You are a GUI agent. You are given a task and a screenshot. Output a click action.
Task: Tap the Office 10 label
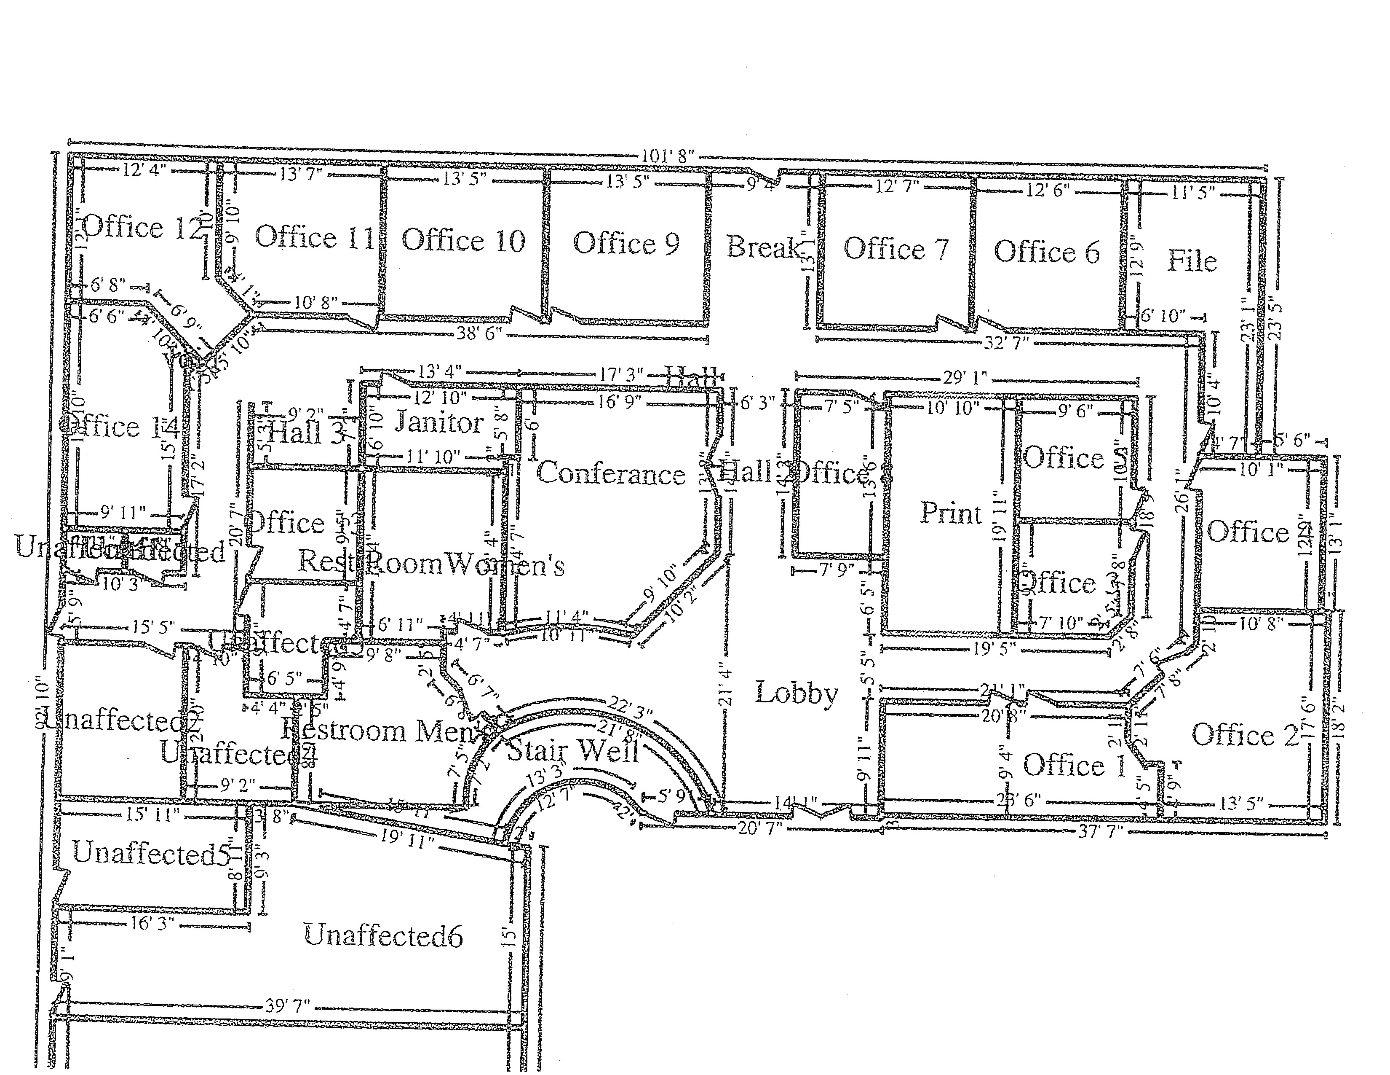[463, 241]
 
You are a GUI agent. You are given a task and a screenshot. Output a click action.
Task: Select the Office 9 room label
[626, 243]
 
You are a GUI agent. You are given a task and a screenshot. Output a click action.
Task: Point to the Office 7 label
[895, 249]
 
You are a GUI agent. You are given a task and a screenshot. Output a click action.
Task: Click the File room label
[1192, 261]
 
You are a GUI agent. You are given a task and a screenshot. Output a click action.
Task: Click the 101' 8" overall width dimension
[668, 156]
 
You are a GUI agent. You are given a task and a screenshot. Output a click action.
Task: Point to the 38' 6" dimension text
[480, 333]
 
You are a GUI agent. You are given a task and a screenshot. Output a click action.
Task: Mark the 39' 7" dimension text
[288, 1007]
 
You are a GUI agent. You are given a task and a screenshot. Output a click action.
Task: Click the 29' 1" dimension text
[965, 378]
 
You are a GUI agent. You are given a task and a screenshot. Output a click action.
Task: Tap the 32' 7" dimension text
[1006, 343]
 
